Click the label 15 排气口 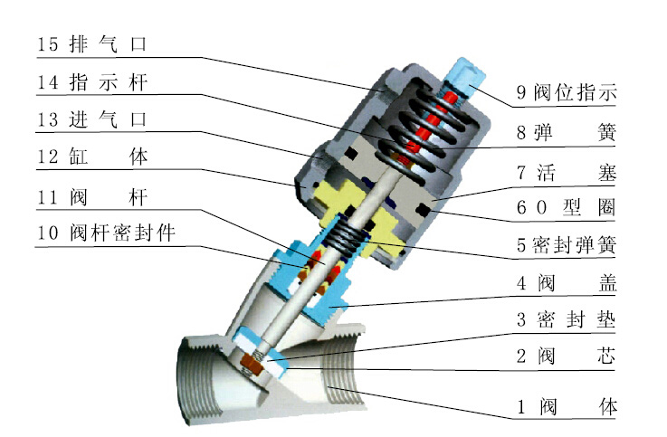click(92, 43)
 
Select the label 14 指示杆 click(92, 82)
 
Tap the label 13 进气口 click(92, 119)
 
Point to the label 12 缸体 click(92, 157)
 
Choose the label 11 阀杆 click(92, 197)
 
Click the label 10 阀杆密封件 click(107, 233)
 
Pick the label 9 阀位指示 click(567, 92)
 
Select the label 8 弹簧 click(567, 133)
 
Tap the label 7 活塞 click(567, 173)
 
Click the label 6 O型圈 click(566, 208)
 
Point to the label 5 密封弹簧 click(567, 245)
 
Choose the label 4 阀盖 click(567, 282)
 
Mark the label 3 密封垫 click(567, 319)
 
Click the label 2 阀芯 click(567, 356)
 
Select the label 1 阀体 click(567, 407)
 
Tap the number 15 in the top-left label click(47, 44)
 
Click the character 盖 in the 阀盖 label click(607, 282)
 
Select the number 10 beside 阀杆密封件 click(47, 233)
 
